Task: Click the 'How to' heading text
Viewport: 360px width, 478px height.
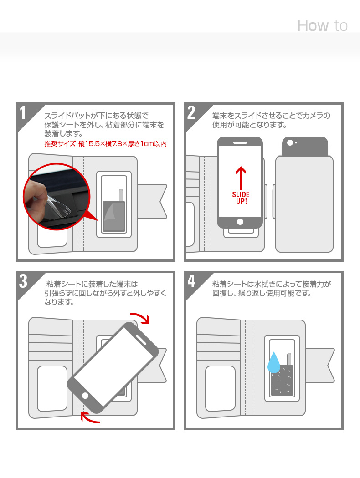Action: (x=322, y=25)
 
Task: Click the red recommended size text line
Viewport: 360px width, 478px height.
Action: (x=105, y=144)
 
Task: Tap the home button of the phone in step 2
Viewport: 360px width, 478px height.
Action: (x=240, y=222)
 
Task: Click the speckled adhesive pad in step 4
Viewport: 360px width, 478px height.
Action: (x=283, y=380)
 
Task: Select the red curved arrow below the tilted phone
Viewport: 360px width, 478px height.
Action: (x=90, y=417)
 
